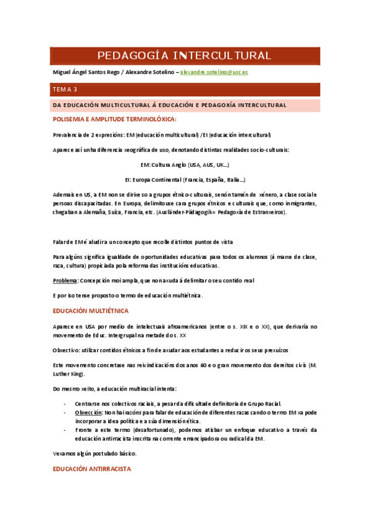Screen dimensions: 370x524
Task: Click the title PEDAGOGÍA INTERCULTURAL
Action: pyautogui.click(x=185, y=56)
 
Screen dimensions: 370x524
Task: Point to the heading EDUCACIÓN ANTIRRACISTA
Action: pyautogui.click(x=92, y=469)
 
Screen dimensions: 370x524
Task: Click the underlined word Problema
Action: pyautogui.click(x=64, y=281)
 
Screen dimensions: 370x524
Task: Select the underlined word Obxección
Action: pyautogui.click(x=88, y=412)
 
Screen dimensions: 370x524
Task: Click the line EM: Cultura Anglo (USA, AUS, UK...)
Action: pyautogui.click(x=185, y=165)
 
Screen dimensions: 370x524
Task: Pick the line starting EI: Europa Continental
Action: pyautogui.click(x=185, y=180)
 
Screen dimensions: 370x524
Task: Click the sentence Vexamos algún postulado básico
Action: pyautogui.click(x=95, y=454)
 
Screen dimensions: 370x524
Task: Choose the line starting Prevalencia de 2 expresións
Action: pyautogui.click(x=162, y=135)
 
